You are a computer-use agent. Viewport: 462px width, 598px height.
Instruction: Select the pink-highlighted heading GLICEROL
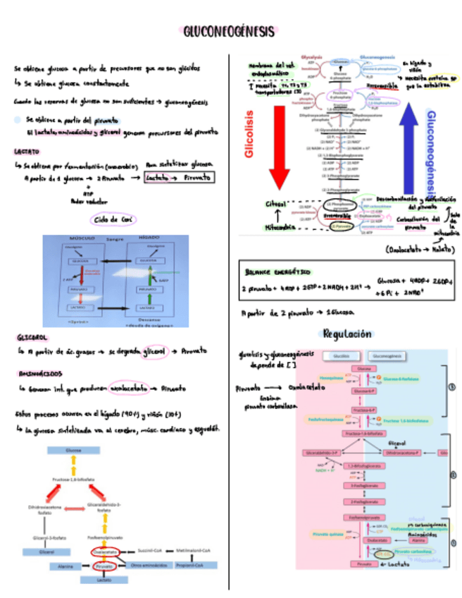[29, 337]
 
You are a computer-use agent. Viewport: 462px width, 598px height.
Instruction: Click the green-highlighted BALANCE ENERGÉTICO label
[277, 271]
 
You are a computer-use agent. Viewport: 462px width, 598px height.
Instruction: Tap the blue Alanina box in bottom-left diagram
[65, 566]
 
